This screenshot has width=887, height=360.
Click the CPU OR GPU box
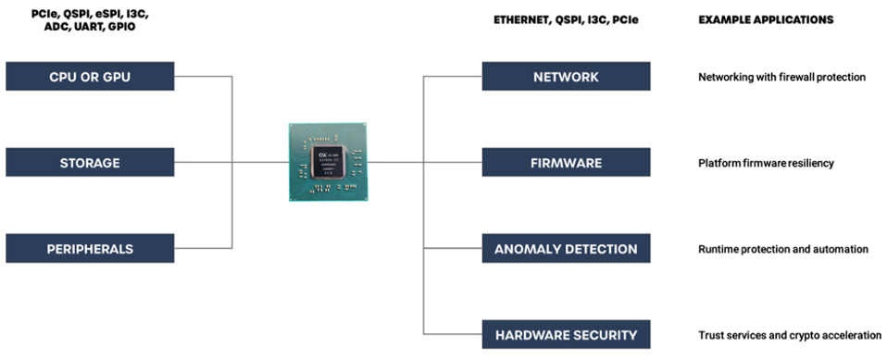click(90, 77)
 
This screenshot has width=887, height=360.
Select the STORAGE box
click(90, 163)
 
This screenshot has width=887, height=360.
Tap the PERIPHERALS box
click(90, 249)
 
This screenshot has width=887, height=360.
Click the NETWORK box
click(566, 77)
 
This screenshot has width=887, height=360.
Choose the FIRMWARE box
click(566, 163)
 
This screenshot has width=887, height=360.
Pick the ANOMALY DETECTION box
click(566, 249)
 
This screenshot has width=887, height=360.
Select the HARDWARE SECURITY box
click(566, 334)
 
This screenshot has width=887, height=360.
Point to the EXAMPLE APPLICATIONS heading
click(765, 19)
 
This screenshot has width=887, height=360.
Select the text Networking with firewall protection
click(781, 78)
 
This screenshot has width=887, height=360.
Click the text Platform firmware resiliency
click(766, 163)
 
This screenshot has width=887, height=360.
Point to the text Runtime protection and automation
click(782, 249)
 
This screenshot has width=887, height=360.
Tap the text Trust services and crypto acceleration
click(789, 335)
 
